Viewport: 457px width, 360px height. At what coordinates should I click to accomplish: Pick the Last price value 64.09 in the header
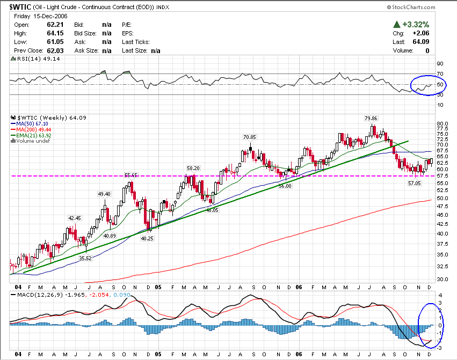(422, 42)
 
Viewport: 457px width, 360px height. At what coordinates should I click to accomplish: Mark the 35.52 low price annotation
(86, 258)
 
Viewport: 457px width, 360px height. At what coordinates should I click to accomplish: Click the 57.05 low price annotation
(415, 183)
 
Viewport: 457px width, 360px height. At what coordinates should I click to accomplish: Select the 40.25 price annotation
(147, 238)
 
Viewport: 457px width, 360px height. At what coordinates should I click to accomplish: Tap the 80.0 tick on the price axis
(441, 122)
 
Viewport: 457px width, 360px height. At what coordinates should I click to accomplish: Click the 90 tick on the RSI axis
(439, 63)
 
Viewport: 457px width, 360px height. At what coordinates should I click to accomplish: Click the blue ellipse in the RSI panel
(428, 85)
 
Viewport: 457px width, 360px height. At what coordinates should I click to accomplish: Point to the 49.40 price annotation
(104, 194)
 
